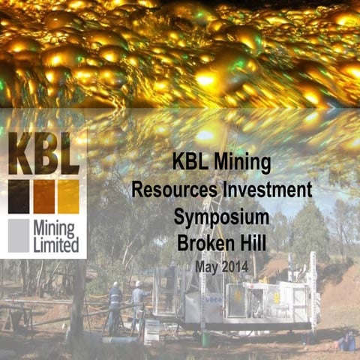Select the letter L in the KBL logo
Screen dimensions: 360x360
tap(68, 154)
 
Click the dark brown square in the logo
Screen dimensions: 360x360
tap(19, 196)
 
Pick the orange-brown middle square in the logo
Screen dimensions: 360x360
tap(43, 196)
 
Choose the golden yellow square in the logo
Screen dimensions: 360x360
tap(68, 196)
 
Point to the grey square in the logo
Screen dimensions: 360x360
tap(19, 235)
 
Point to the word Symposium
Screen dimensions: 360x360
tap(221, 217)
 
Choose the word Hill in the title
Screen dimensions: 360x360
tap(253, 243)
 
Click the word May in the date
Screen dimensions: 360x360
tap(208, 265)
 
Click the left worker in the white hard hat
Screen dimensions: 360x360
tap(114, 304)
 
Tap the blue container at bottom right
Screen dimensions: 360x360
tap(346, 343)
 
